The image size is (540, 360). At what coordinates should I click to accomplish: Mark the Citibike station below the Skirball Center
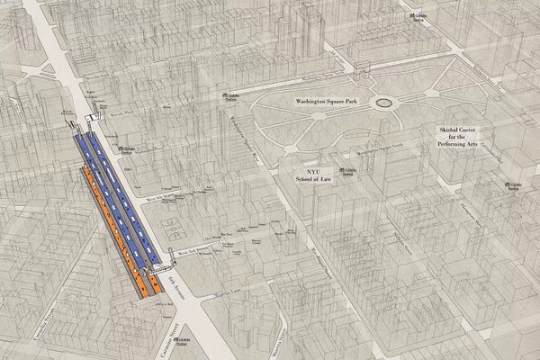pyautogui.click(x=511, y=186)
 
